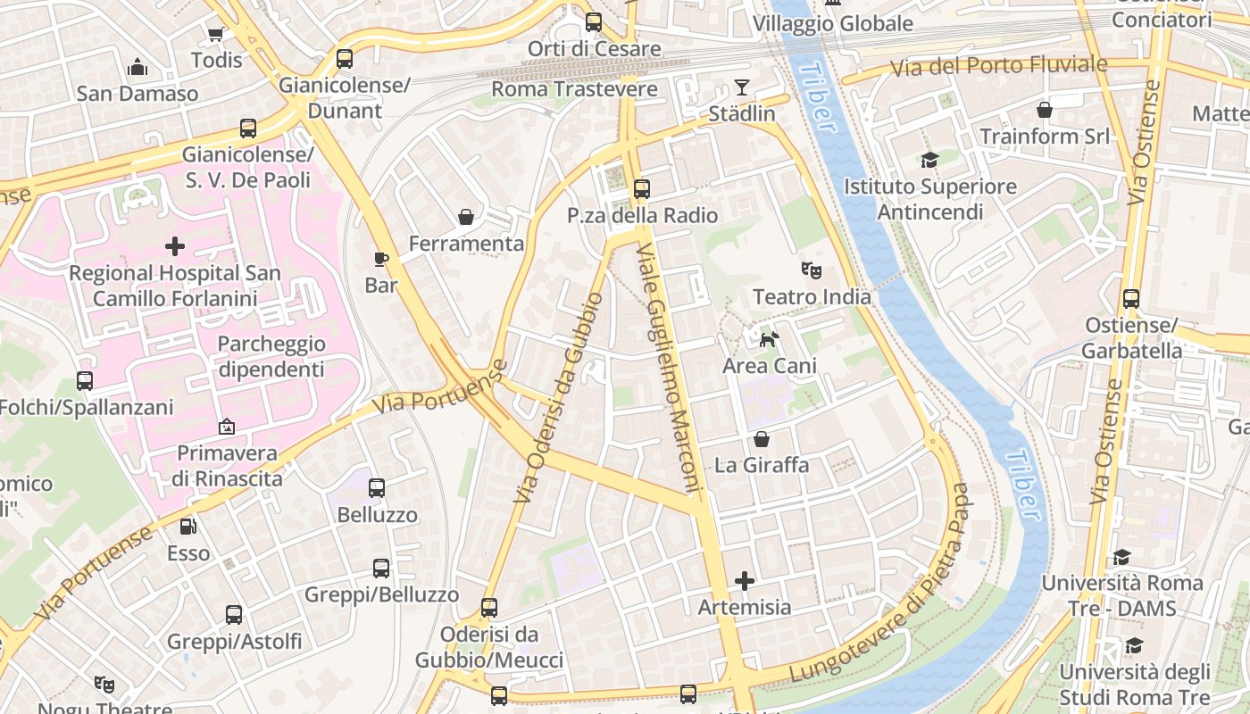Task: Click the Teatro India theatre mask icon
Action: tap(811, 269)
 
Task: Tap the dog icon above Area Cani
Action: tap(769, 339)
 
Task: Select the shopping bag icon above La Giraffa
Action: tap(762, 439)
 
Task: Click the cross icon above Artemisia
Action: tap(745, 581)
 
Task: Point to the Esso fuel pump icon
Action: tap(187, 527)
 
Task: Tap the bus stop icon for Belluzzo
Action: tap(377, 488)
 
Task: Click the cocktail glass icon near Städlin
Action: tap(742, 87)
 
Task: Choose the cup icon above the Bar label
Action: tap(381, 260)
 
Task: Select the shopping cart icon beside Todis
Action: tap(215, 35)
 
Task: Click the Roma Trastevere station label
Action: tap(574, 89)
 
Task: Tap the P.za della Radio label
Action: tap(642, 215)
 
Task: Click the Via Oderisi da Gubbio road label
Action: tap(561, 397)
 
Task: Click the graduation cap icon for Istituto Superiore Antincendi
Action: tap(930, 161)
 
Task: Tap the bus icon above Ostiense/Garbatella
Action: tap(1131, 299)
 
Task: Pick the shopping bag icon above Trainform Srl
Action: tap(1045, 110)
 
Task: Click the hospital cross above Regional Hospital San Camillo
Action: tap(175, 245)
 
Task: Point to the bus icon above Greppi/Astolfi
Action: tap(234, 615)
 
